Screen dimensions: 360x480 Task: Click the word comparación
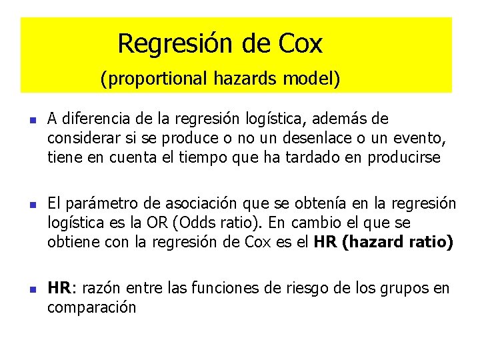coord(91,307)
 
